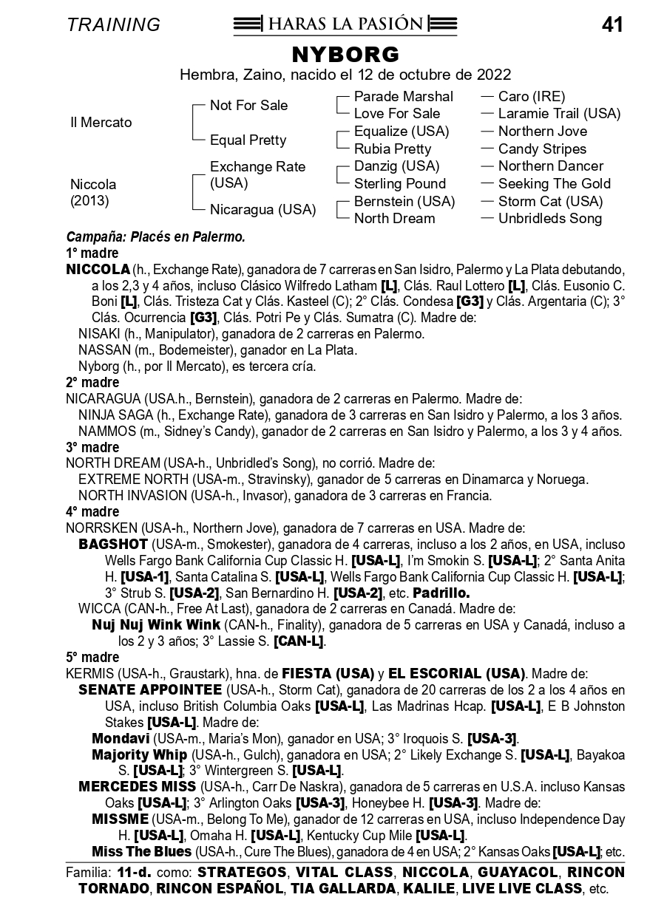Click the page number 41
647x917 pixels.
coord(612,25)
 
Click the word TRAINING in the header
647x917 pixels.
coord(113,25)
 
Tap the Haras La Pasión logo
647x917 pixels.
coord(345,24)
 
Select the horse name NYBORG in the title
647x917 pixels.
coord(345,55)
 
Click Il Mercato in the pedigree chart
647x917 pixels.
coord(101,123)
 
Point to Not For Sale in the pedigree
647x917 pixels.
coord(248,106)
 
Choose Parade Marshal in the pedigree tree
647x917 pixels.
coord(403,97)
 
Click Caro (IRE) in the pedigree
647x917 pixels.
coord(531,97)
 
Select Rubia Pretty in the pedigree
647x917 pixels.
coord(392,149)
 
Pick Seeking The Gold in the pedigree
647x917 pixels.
coord(554,184)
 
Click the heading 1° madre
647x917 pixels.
coord(92,253)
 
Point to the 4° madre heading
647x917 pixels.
coord(92,511)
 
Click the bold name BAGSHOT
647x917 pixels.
coord(109,544)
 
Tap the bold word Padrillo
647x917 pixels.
coord(441,593)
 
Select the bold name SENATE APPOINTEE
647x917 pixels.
coord(150,689)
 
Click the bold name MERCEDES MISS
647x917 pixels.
coord(137,786)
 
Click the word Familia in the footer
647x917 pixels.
coord(88,873)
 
